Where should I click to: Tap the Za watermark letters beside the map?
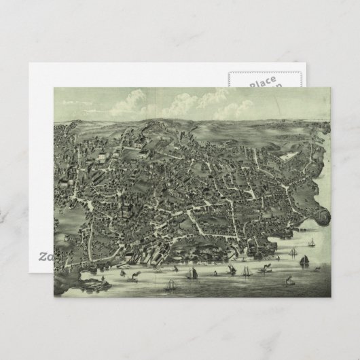pyautogui.click(x=44, y=256)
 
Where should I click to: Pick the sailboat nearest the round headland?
pyautogui.click(x=311, y=242)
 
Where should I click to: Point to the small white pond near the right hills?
pyautogui.click(x=289, y=156)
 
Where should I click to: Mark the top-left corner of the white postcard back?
pyautogui.click(x=30, y=63)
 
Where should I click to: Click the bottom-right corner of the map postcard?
pyautogui.click(x=331, y=298)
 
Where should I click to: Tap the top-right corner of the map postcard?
pyautogui.click(x=331, y=87)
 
